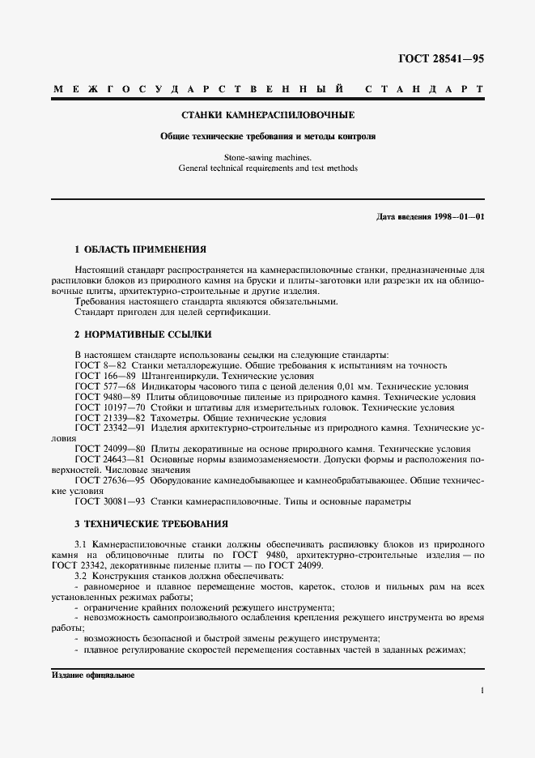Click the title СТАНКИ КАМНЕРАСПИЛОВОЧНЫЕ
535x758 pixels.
(267, 115)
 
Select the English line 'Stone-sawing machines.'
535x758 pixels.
(267, 157)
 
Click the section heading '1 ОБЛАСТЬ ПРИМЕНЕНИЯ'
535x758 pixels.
(140, 249)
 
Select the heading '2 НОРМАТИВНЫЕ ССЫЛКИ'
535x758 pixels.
(143, 334)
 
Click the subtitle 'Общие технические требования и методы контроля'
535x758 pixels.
(267, 136)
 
